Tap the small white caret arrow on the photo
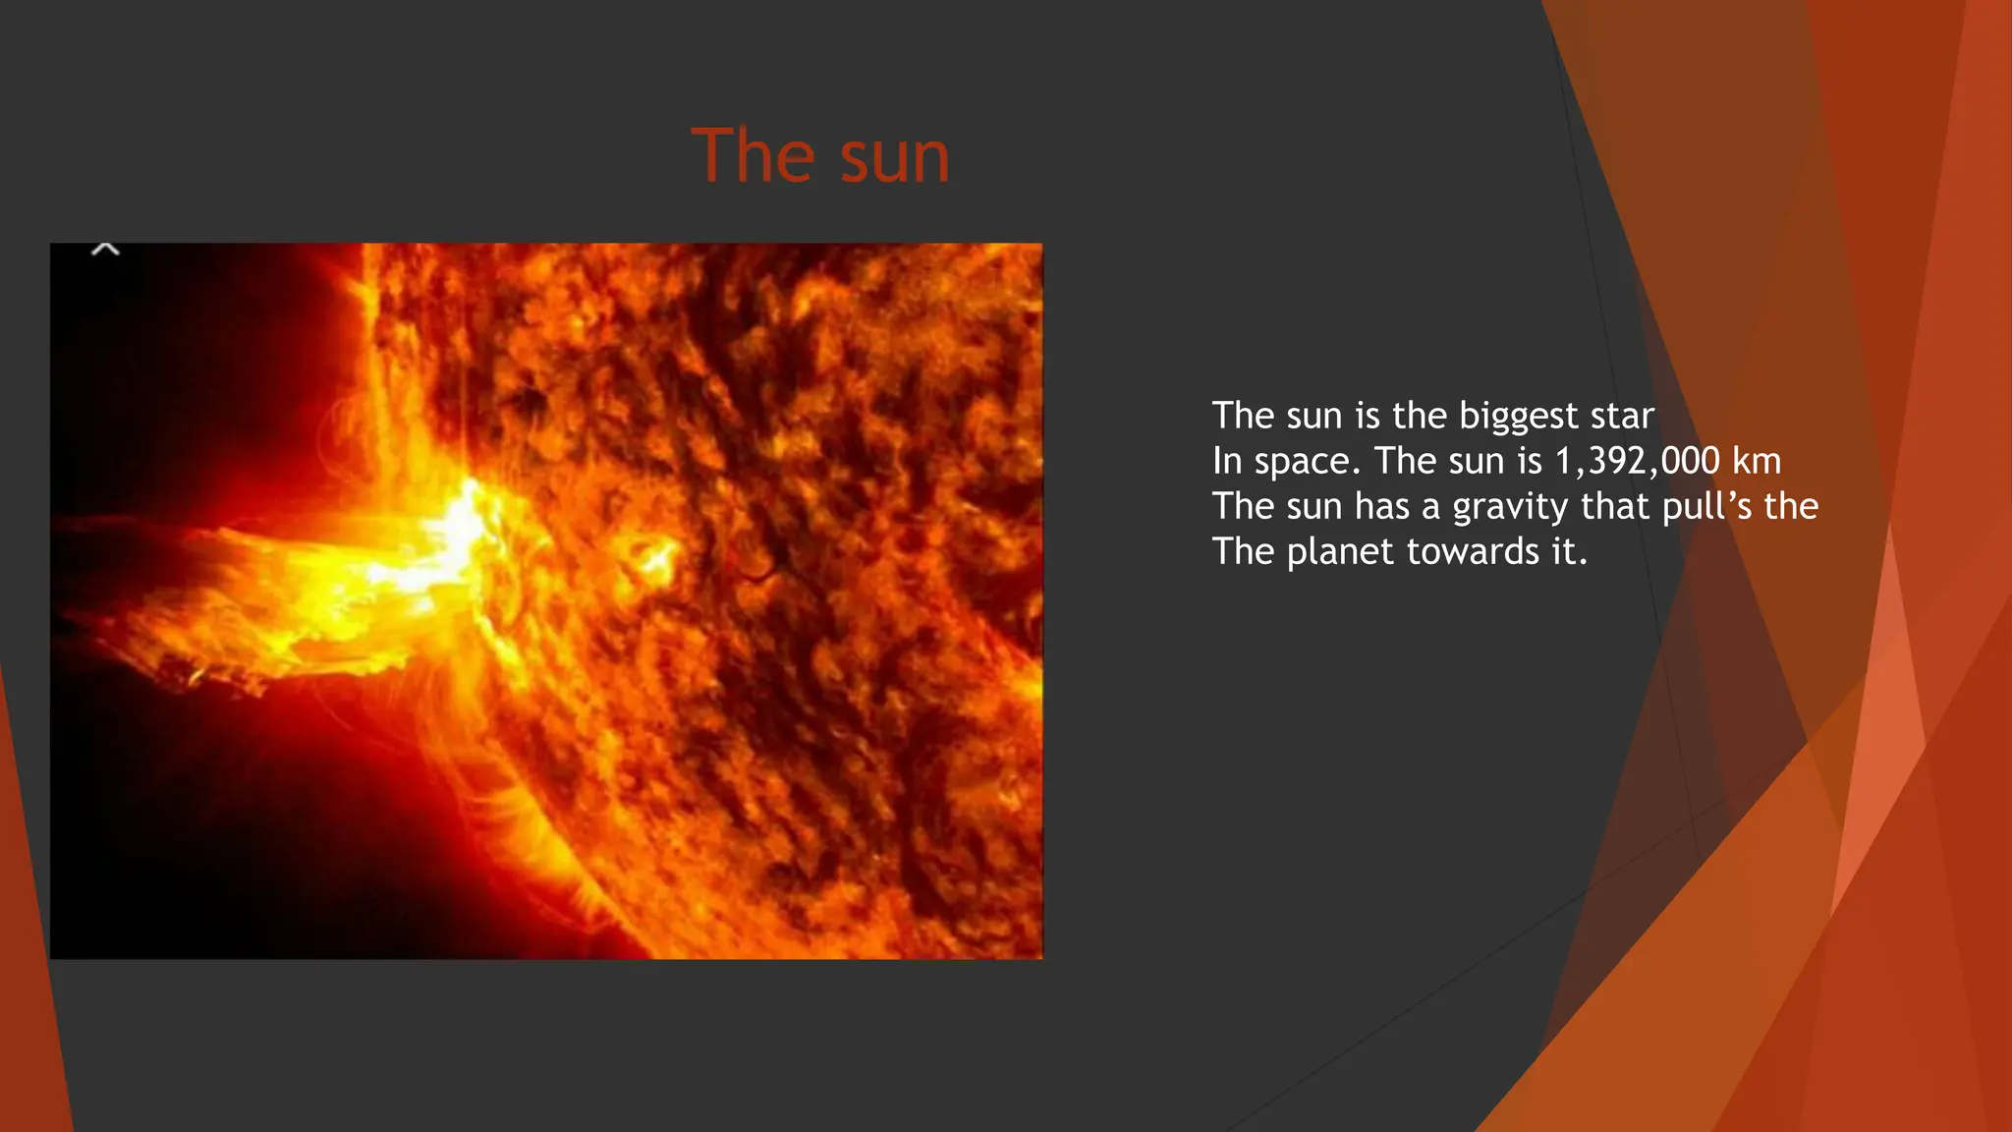pyautogui.click(x=105, y=250)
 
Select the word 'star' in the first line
pyautogui.click(x=1622, y=417)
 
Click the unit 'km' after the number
pyautogui.click(x=1756, y=461)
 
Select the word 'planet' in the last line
pyautogui.click(x=1340, y=552)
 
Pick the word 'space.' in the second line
pyautogui.click(x=1307, y=462)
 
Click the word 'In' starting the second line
pyautogui.click(x=1227, y=461)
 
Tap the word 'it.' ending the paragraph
pyautogui.click(x=1569, y=551)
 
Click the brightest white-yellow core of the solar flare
pyautogui.click(x=462, y=536)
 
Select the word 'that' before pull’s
pyautogui.click(x=1615, y=506)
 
